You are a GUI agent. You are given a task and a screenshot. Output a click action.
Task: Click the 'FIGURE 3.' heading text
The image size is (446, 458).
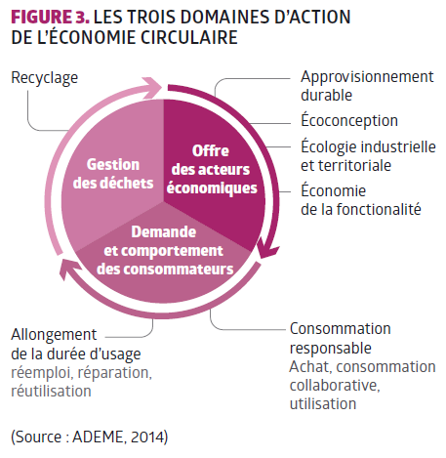(50, 17)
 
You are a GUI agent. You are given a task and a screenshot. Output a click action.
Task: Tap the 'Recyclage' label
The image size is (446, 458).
(45, 78)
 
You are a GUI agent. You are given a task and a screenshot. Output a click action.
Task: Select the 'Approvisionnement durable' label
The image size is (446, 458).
(367, 86)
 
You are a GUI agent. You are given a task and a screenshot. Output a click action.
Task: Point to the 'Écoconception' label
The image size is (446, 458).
(349, 120)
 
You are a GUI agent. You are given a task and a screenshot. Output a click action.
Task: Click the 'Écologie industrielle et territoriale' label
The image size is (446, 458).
(368, 155)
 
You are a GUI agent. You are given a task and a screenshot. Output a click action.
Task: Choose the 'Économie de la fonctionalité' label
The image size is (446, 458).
(361, 199)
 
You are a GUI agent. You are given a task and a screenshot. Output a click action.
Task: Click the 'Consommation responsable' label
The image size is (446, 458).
(341, 338)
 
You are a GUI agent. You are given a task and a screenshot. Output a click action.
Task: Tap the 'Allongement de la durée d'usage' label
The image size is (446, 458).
(76, 345)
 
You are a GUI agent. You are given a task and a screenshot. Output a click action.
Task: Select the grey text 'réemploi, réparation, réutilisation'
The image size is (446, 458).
(81, 382)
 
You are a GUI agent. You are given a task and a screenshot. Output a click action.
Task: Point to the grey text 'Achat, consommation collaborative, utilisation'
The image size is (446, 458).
(362, 385)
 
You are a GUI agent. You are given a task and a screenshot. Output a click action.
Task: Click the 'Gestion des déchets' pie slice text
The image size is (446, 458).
(113, 174)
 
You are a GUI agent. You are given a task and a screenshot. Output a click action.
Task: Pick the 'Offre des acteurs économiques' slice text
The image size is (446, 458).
(212, 169)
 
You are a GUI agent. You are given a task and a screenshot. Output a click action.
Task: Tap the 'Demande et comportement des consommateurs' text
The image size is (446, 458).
(165, 251)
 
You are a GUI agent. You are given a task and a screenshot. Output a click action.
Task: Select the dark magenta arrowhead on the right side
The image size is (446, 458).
(267, 249)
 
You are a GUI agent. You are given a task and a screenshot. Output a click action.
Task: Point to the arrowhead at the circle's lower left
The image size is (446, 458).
(69, 268)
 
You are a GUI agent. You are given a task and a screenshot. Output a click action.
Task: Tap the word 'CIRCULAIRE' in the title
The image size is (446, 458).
(189, 37)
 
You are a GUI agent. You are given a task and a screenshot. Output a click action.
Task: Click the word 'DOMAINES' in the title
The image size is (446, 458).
(224, 17)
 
